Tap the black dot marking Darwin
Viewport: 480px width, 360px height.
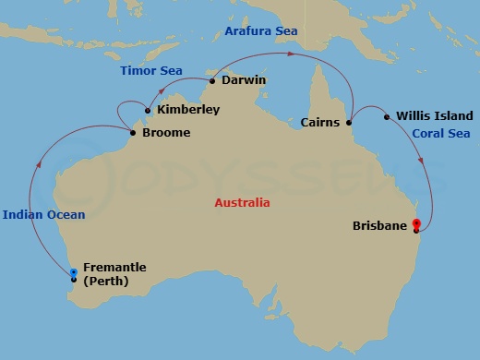coord(211,81)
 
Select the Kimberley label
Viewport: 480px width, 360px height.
coord(188,110)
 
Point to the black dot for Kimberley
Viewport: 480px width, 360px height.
coord(148,111)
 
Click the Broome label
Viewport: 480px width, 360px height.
coord(166,133)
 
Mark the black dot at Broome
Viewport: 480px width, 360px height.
coord(134,133)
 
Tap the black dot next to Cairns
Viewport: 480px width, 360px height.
coord(349,122)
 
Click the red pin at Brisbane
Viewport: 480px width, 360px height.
coord(416,224)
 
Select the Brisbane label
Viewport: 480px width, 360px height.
coord(379,225)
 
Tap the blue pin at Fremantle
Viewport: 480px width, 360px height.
coord(74,273)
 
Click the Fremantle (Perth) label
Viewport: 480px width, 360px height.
coord(114,274)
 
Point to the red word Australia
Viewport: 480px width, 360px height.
coord(242,202)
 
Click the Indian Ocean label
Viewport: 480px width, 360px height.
coord(43,215)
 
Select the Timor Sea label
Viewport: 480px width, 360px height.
coord(150,71)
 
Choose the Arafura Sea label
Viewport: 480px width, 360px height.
coord(261,31)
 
